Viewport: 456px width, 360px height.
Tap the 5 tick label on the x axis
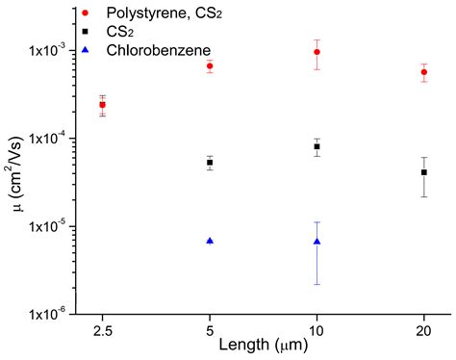(210, 329)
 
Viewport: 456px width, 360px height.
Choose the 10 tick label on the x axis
(317, 329)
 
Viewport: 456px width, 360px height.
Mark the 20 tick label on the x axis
(424, 329)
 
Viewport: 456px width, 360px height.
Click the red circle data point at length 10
(317, 52)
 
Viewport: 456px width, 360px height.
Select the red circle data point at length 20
(424, 72)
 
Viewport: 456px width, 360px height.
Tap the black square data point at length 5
(210, 163)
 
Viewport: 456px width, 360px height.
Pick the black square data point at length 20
(424, 172)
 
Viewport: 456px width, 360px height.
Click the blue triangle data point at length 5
(210, 241)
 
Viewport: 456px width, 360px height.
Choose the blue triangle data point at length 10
(317, 242)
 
